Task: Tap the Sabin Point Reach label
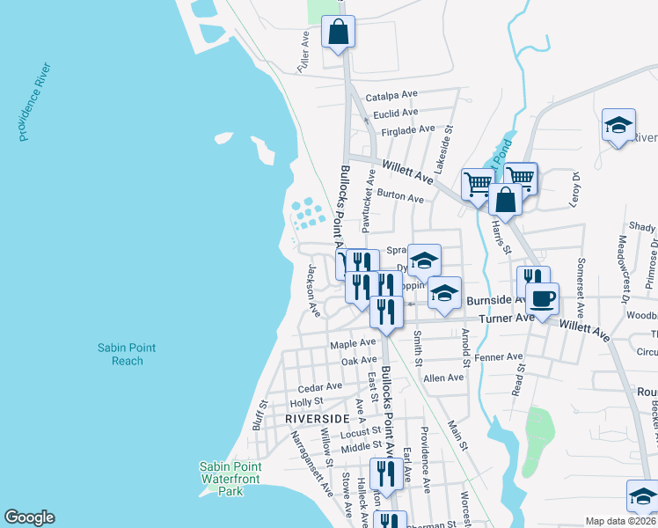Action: [x=127, y=355]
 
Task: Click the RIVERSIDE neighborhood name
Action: [x=318, y=419]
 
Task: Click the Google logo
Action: [x=29, y=517]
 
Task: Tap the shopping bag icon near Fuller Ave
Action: [x=338, y=33]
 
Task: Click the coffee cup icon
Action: [x=543, y=297]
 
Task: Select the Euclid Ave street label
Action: [x=396, y=113]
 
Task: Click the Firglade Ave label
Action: [x=402, y=129]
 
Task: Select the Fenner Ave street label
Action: [x=498, y=357]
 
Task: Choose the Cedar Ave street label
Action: [x=320, y=386]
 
